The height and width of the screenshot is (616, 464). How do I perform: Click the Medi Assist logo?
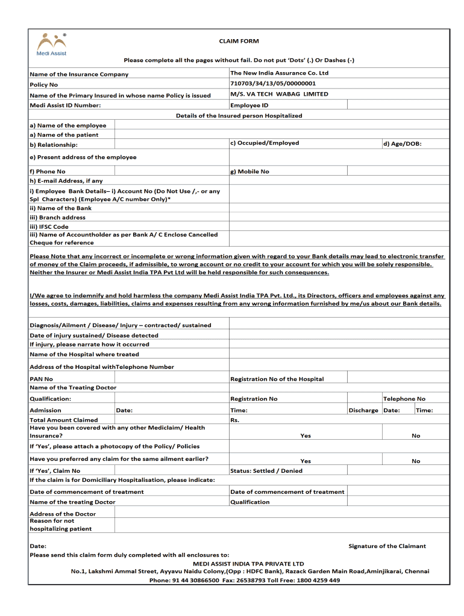click(51, 44)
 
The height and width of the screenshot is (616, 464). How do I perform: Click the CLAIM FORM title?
click(239, 41)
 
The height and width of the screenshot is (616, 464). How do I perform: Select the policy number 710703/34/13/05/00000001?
click(273, 84)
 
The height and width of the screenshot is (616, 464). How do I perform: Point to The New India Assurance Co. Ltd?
click(280, 73)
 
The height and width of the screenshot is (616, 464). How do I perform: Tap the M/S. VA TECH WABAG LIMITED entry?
click(279, 94)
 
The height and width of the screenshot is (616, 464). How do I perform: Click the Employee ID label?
click(249, 105)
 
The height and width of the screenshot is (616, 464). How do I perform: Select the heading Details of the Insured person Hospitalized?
click(239, 115)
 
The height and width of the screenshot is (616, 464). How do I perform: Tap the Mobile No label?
click(249, 171)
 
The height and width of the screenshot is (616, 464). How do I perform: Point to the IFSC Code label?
click(49, 227)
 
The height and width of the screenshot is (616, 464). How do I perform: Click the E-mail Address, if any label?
click(66, 180)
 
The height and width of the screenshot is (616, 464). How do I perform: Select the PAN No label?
click(41, 379)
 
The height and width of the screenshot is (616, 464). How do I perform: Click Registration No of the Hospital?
click(277, 379)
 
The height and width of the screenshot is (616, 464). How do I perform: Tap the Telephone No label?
click(404, 399)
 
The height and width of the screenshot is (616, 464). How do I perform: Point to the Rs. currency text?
click(235, 420)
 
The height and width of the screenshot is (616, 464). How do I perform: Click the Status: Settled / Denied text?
click(266, 471)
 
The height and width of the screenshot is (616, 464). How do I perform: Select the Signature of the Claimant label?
click(387, 546)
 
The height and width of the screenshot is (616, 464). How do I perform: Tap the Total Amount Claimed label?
click(63, 420)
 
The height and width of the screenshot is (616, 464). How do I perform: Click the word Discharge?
click(363, 410)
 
